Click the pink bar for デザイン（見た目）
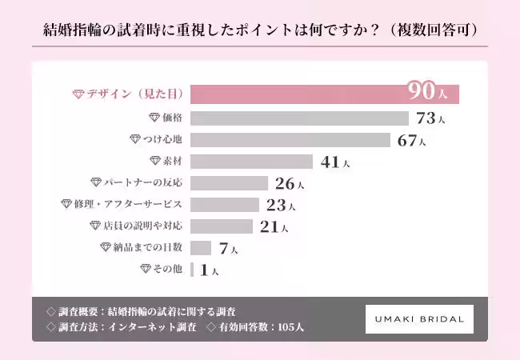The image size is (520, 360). click(325, 94)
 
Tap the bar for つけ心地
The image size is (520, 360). click(291, 140)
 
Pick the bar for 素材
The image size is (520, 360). click(252, 162)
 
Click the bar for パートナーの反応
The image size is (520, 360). click(230, 183)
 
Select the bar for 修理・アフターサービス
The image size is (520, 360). click(225, 205)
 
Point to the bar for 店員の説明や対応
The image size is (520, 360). click(222, 226)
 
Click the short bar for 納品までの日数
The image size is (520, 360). click(201, 248)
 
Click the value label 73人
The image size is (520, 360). click(430, 118)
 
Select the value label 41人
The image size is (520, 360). click(334, 162)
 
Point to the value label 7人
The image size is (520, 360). click(228, 249)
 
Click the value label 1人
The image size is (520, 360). click(209, 270)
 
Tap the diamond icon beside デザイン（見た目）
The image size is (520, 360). click(78, 94)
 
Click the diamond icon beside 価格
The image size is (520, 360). click(154, 118)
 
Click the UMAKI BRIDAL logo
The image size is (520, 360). click(419, 318)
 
